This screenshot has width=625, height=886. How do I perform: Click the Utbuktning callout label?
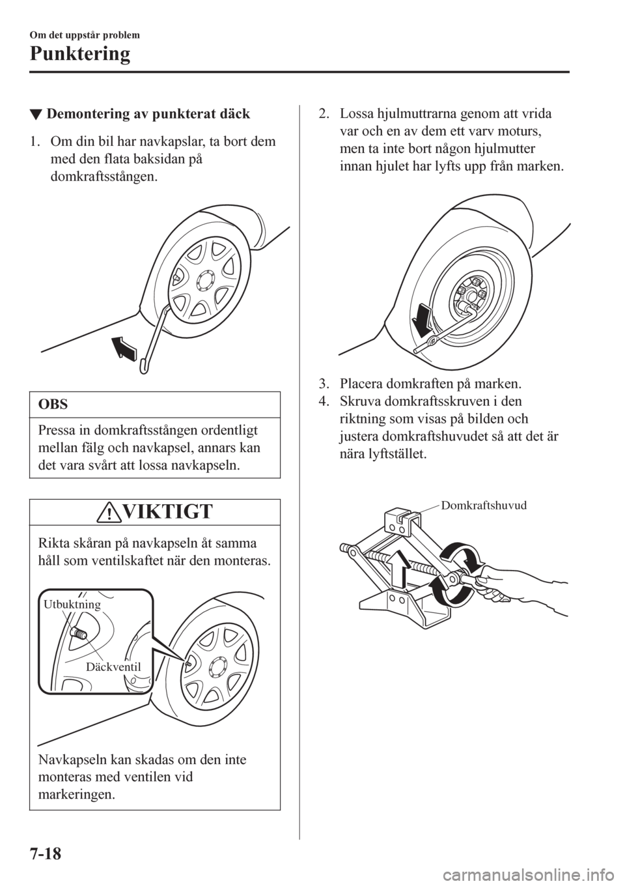pos(72,605)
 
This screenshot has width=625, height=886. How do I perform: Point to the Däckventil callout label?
pos(113,666)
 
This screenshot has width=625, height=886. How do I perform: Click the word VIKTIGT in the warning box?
pos(165,512)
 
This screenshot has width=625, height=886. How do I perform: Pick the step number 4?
pos(324,400)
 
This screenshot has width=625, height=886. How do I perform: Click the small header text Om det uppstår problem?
pos(81,35)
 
